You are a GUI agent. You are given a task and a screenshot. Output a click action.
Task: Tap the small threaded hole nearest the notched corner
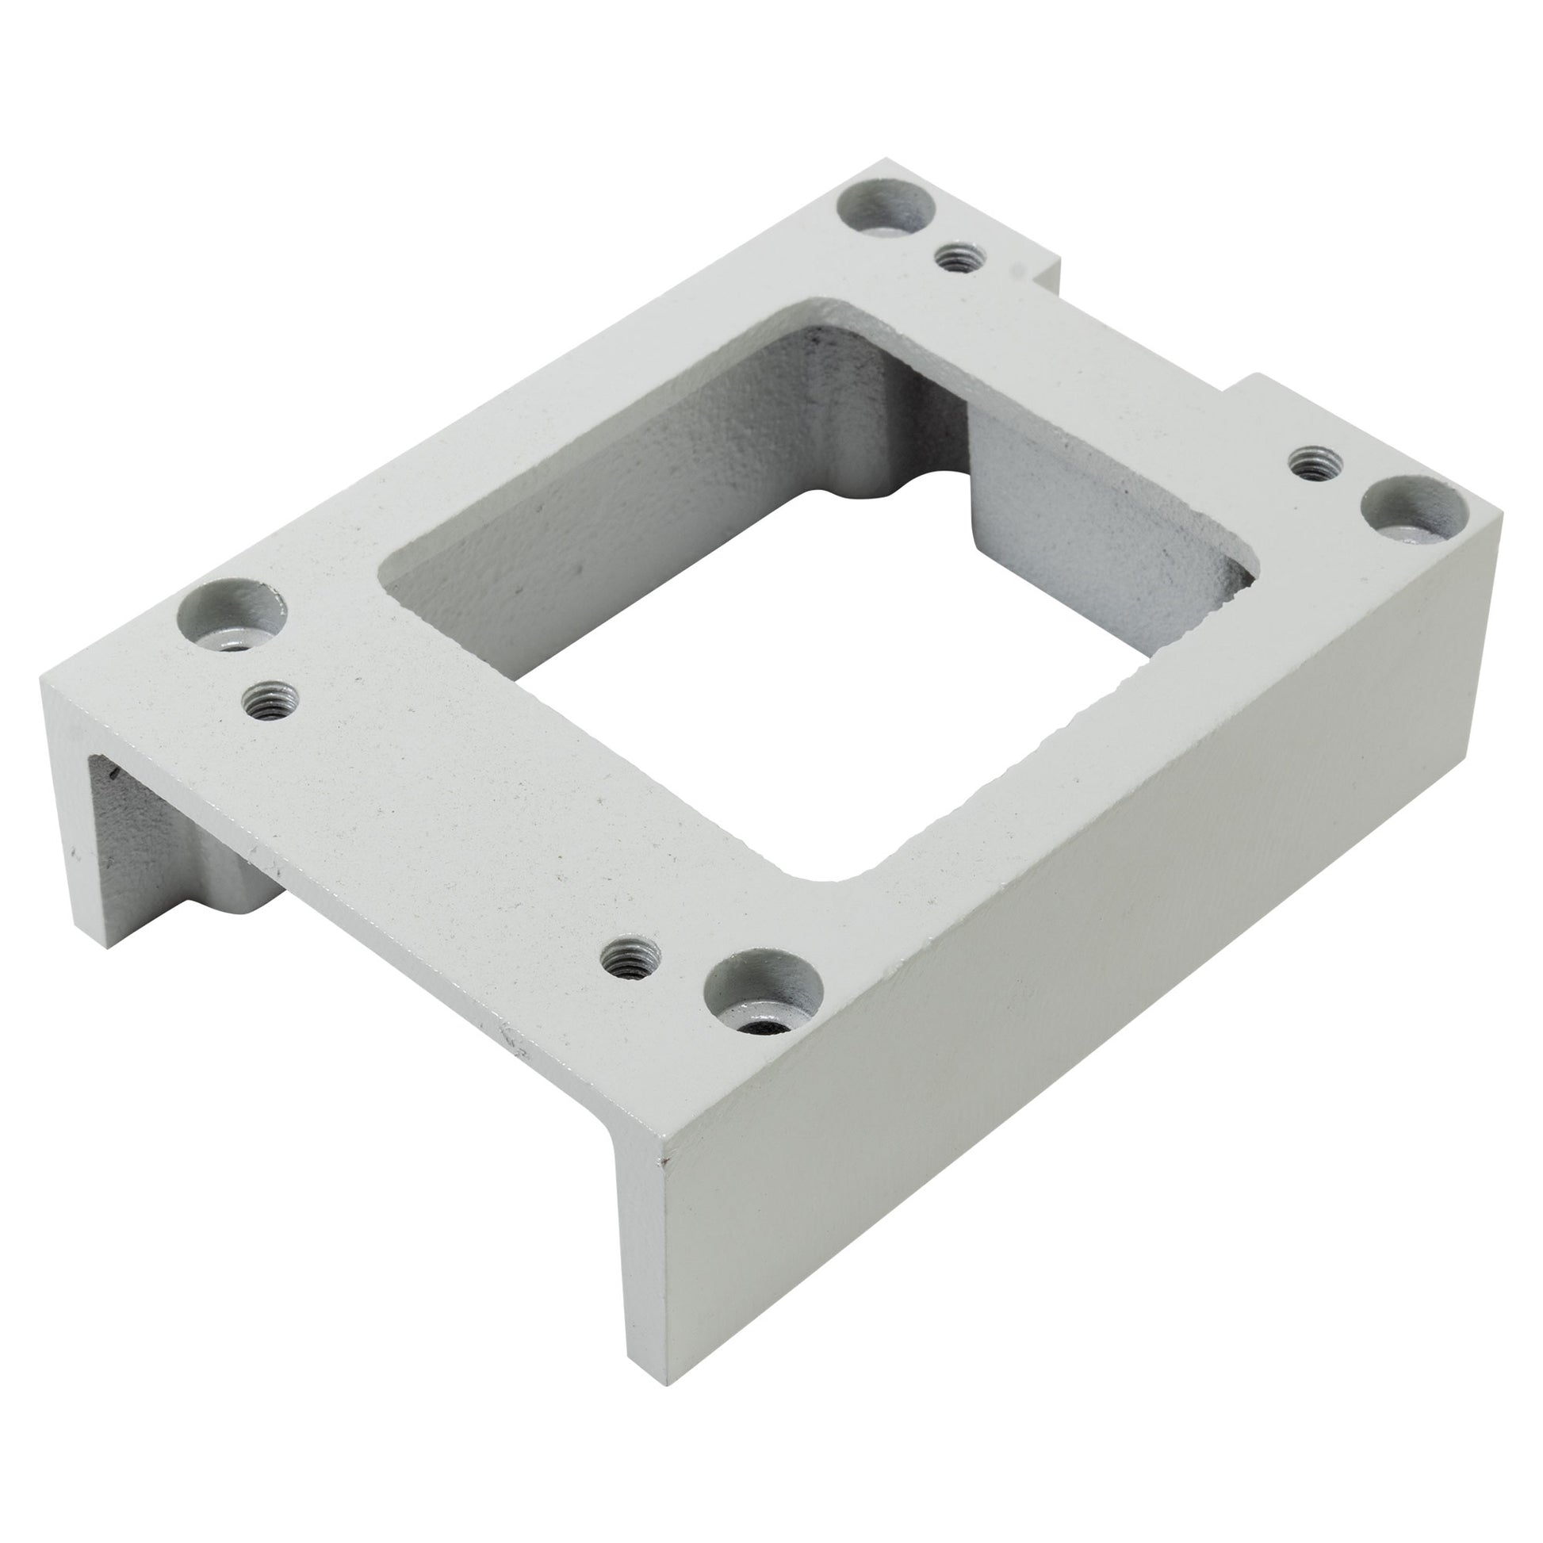(959, 257)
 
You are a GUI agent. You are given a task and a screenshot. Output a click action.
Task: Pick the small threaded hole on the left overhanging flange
(270, 700)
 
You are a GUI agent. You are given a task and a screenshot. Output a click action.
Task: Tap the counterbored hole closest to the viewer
(763, 994)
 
